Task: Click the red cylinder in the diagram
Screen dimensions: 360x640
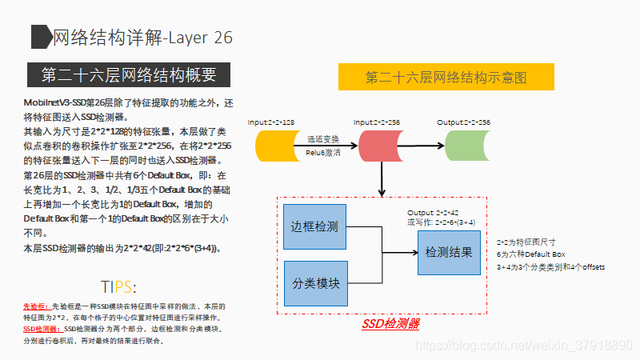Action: point(379,145)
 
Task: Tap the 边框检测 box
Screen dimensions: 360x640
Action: point(315,226)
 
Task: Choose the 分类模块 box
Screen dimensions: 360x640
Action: point(315,283)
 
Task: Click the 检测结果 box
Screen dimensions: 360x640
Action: point(449,252)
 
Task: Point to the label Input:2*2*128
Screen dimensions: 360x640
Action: point(271,122)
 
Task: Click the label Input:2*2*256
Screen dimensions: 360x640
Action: point(377,122)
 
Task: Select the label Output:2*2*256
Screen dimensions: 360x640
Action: point(464,122)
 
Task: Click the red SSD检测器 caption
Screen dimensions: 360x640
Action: point(390,324)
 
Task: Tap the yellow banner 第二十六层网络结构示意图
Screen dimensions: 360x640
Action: point(446,78)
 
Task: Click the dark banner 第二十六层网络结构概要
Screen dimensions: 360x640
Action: point(129,75)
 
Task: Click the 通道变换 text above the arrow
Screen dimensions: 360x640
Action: point(322,138)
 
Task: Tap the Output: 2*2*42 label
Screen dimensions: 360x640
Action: point(432,212)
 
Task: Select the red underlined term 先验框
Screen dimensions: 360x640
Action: point(35,306)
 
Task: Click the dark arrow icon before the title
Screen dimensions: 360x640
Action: point(40,37)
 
